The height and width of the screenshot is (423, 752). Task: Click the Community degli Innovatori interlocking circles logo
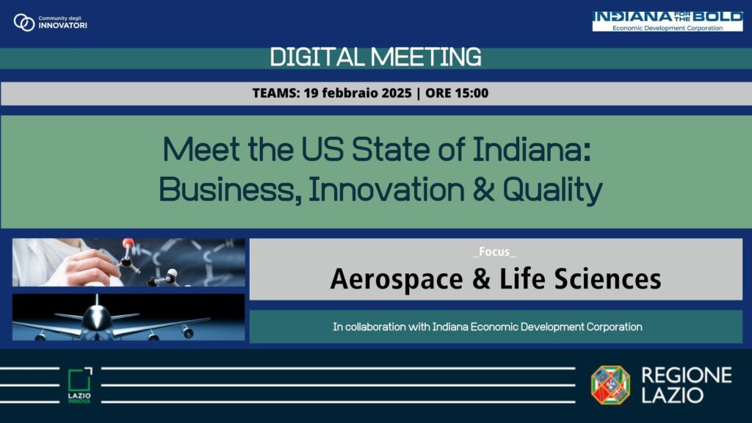(24, 23)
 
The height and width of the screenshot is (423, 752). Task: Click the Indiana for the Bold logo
(667, 21)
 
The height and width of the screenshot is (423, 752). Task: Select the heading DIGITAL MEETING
(376, 57)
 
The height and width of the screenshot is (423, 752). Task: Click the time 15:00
(471, 93)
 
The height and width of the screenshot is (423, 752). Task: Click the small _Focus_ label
(494, 252)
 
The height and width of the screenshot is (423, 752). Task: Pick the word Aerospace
(388, 279)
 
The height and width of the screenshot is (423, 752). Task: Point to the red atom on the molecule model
(129, 244)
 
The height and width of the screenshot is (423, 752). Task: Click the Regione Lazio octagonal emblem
(610, 385)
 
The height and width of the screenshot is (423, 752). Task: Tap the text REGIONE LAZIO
(686, 385)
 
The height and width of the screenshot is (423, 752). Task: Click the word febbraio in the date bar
(339, 93)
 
